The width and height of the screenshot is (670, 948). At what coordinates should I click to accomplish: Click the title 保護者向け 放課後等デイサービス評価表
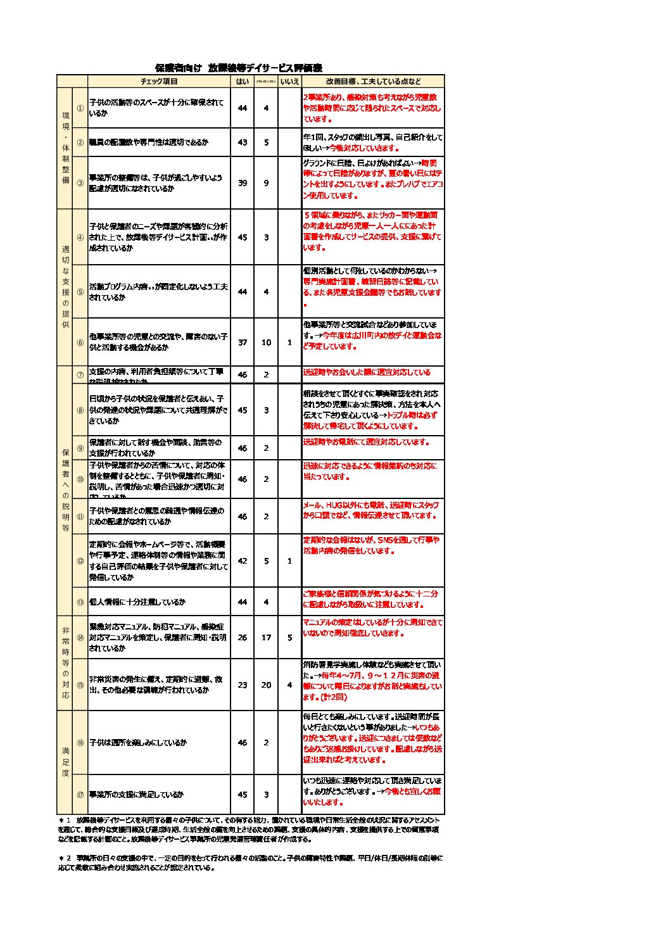[x=239, y=68]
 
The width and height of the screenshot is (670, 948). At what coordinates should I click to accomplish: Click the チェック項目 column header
[x=159, y=82]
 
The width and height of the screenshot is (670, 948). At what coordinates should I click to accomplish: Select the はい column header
[x=243, y=82]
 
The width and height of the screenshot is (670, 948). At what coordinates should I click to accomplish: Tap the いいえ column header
[x=289, y=82]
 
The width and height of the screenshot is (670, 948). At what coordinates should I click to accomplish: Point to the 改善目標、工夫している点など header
[x=373, y=82]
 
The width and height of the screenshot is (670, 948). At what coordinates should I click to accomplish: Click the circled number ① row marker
[x=80, y=108]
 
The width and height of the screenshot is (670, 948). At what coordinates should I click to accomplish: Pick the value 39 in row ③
[x=243, y=183]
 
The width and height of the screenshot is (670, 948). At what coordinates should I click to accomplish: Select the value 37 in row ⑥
[x=243, y=343]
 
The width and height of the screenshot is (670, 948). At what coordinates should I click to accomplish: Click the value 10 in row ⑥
[x=266, y=343]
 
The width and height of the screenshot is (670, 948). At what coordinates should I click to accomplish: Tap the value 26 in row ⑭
[x=243, y=638]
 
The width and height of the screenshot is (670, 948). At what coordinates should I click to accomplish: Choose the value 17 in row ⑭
[x=266, y=638]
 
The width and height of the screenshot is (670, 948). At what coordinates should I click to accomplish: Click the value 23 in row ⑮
[x=243, y=685]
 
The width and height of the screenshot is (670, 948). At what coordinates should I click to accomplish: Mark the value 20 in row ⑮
[x=266, y=685]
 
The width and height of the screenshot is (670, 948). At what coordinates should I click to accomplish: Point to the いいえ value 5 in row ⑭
[x=289, y=638]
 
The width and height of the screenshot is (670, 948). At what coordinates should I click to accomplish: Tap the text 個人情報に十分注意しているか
[x=137, y=602]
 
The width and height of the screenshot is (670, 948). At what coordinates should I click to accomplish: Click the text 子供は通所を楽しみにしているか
[x=138, y=743]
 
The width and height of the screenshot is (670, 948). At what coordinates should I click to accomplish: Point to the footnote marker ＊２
[x=65, y=859]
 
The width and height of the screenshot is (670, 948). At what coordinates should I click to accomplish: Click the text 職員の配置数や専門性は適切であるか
[x=148, y=142]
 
